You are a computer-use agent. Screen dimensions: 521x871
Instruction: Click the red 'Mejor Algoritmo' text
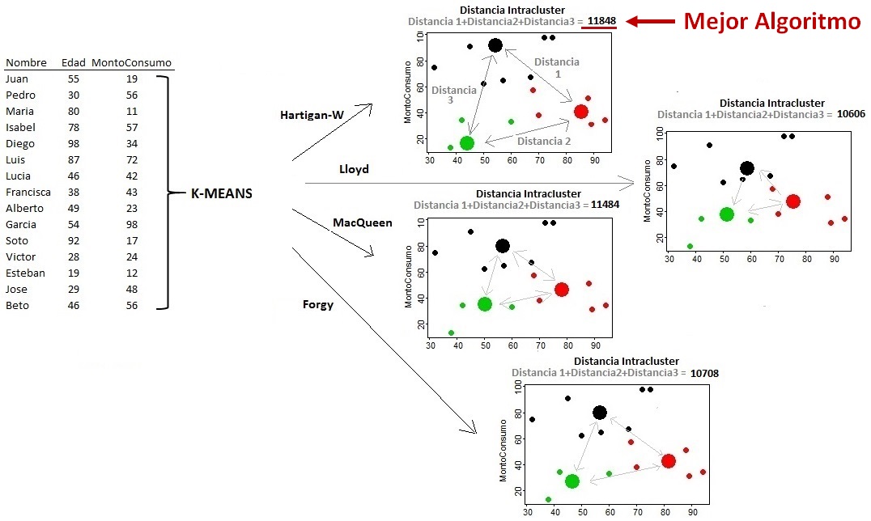click(771, 22)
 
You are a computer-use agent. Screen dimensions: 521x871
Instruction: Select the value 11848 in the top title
click(600, 22)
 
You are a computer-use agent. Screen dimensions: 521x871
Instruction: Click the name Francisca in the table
click(28, 192)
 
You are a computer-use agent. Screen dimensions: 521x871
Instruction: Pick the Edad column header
click(74, 63)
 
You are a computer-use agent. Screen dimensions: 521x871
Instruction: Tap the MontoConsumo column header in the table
click(131, 63)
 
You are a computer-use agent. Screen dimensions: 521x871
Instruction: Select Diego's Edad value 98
click(74, 143)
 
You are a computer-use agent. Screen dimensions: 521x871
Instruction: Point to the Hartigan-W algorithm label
click(312, 116)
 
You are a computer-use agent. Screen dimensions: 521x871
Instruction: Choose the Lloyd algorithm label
click(354, 169)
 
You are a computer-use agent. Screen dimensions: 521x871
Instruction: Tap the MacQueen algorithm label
click(363, 222)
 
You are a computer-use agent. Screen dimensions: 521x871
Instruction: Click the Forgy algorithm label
click(317, 305)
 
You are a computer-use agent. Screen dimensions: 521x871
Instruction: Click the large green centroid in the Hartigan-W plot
click(466, 143)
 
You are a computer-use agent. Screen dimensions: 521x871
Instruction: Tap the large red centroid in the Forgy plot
click(668, 461)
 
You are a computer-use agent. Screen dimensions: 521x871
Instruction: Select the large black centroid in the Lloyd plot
click(747, 168)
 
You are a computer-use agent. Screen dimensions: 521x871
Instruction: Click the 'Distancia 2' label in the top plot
click(543, 141)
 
